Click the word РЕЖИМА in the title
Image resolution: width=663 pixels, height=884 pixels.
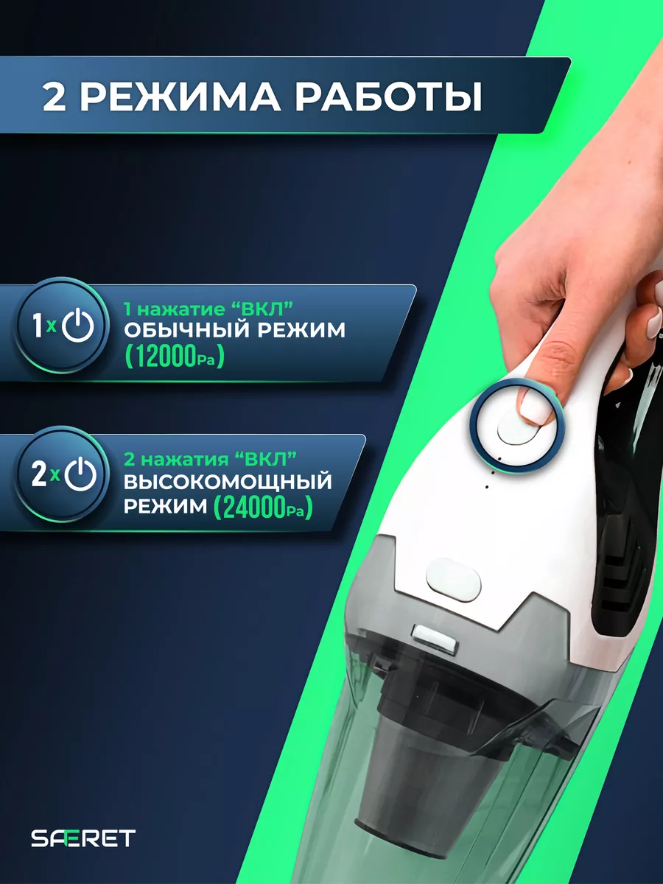click(x=183, y=97)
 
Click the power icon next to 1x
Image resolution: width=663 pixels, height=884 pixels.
click(x=78, y=326)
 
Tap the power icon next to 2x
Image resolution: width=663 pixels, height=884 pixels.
click(x=80, y=474)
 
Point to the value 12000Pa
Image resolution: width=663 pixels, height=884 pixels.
click(x=175, y=357)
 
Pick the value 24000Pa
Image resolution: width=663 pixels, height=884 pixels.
click(x=263, y=508)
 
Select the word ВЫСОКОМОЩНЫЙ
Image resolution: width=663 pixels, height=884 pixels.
click(x=228, y=482)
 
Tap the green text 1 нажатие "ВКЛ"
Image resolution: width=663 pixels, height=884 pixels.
click(x=208, y=309)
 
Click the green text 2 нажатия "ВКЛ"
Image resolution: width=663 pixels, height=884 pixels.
click(x=210, y=459)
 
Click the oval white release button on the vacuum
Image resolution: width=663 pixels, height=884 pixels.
click(x=454, y=580)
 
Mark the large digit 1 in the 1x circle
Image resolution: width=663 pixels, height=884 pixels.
click(x=37, y=326)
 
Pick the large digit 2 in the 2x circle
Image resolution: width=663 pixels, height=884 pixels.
click(x=40, y=474)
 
